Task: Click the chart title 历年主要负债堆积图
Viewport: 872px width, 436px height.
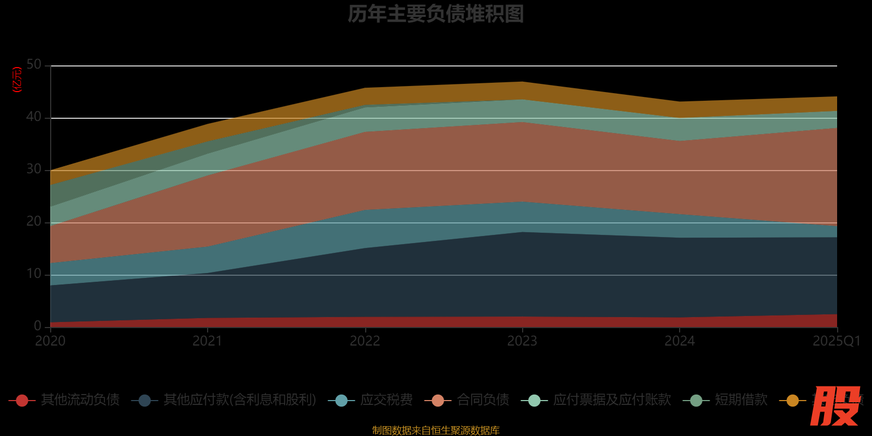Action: click(x=435, y=14)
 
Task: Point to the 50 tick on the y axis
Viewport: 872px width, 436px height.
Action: click(x=34, y=65)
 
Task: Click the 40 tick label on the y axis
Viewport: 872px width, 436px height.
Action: click(x=34, y=117)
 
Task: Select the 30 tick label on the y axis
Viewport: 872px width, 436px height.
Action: click(x=34, y=169)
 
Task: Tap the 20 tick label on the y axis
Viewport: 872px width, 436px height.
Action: click(x=34, y=222)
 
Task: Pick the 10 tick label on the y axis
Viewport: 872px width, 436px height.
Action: click(x=34, y=274)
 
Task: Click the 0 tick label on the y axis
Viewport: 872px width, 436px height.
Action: click(x=38, y=326)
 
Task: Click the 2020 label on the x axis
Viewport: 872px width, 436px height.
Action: click(x=50, y=341)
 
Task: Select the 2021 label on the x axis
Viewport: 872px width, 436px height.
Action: click(x=208, y=341)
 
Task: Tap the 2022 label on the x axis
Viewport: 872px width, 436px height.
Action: click(x=365, y=341)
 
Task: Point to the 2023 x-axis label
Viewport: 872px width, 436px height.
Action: click(x=522, y=341)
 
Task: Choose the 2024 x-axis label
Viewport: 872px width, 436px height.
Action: click(x=680, y=341)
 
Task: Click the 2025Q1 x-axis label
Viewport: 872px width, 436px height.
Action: click(x=837, y=341)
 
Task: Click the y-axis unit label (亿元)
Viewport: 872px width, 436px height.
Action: click(x=17, y=80)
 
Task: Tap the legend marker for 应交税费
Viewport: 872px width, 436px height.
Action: click(x=341, y=401)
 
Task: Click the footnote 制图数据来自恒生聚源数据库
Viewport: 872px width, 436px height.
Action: click(x=435, y=431)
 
